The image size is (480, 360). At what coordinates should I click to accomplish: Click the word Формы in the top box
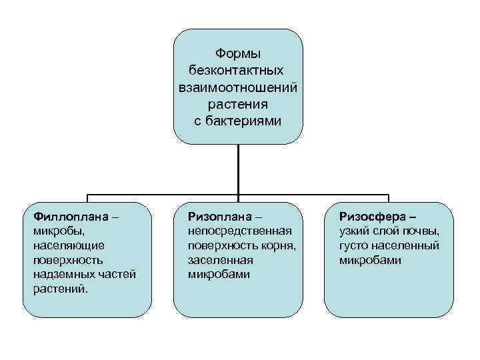[x=238, y=53]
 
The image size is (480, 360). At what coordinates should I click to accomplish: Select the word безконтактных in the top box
[x=238, y=70]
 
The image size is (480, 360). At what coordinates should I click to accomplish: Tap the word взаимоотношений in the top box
[x=238, y=87]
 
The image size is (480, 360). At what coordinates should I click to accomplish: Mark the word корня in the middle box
[x=278, y=245]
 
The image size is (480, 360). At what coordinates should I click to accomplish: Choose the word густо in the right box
[x=353, y=245]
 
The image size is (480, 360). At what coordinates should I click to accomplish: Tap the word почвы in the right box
[x=422, y=231]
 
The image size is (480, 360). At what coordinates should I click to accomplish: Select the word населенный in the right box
[x=405, y=245]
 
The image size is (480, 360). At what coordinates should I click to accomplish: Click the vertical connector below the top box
[x=238, y=170]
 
